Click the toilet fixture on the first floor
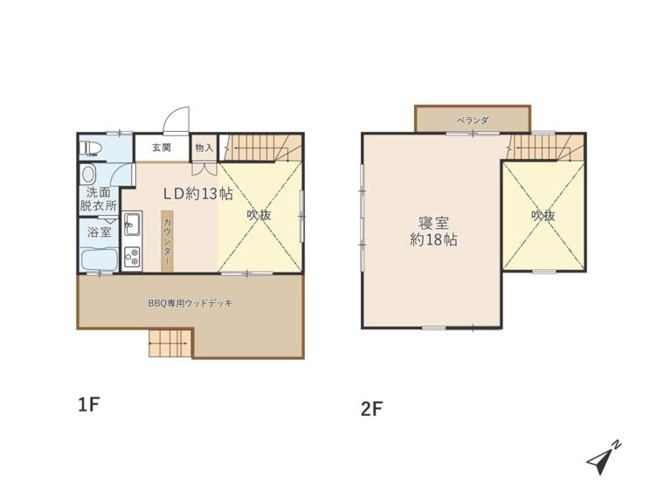pos(91,148)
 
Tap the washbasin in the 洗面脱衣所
pos(89,174)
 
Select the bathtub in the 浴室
pos(99,259)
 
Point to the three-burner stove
pos(133,256)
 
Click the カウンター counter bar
pos(167,241)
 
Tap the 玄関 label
pos(162,148)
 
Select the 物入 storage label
pos(204,148)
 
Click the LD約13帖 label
pos(198,194)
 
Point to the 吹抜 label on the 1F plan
pos(259,215)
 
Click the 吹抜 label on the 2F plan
pos(543,216)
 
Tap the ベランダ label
pos(473,121)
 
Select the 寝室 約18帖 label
pos(433,232)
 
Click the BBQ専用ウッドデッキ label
pos(190,303)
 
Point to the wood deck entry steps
pos(170,343)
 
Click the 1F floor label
pos(88,405)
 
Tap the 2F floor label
pos(371,409)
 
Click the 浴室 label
pos(100,232)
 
